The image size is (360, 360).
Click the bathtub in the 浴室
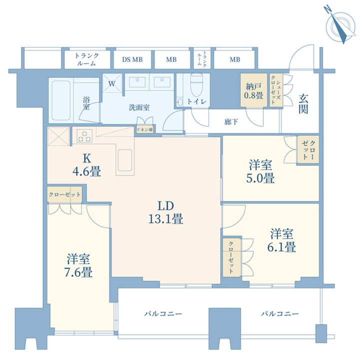click(61, 100)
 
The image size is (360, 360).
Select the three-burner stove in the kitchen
click(84, 135)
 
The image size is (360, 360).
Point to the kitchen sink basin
click(125, 160)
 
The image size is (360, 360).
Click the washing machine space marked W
click(112, 83)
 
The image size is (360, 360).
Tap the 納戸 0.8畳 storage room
click(253, 90)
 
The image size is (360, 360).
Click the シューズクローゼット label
click(275, 90)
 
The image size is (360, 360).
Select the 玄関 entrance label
click(303, 104)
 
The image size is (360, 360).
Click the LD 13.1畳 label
click(165, 212)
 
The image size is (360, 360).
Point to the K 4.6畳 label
click(86, 165)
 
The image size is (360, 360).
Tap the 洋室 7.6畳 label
click(78, 265)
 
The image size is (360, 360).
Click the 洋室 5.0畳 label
click(260, 171)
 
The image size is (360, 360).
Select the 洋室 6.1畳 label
click(281, 240)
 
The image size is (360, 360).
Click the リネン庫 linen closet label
click(144, 130)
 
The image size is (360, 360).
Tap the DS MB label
click(132, 59)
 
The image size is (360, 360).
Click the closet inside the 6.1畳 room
click(231, 257)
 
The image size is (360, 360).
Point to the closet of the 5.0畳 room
click(308, 150)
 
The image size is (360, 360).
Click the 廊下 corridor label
click(231, 122)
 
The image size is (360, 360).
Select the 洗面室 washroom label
click(139, 107)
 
